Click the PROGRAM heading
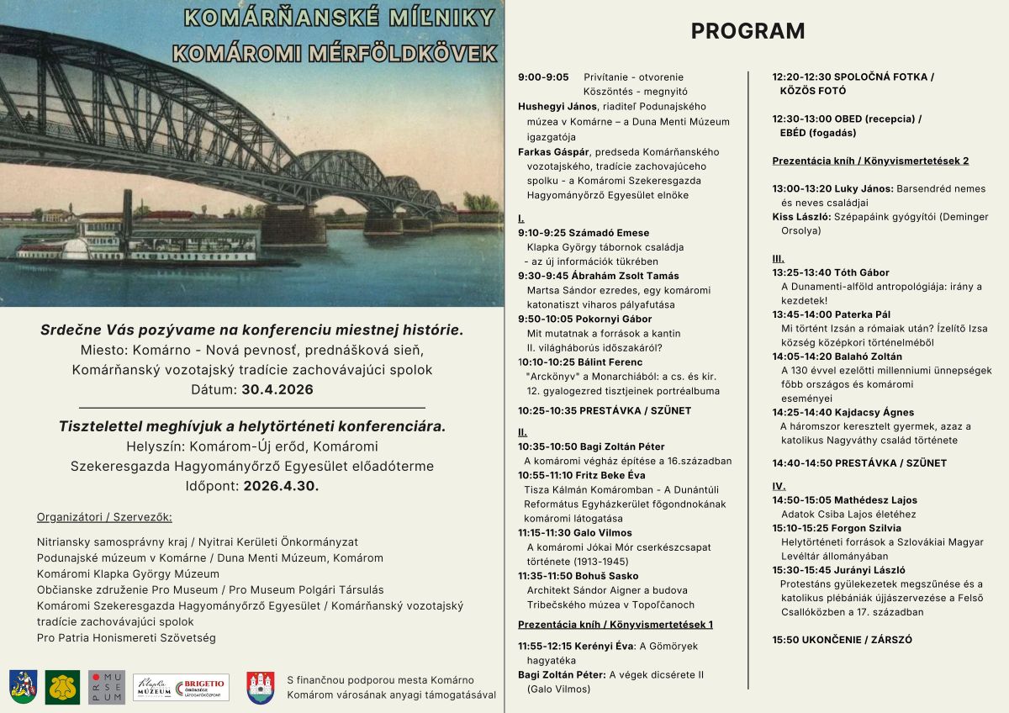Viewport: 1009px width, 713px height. pyautogui.click(x=748, y=31)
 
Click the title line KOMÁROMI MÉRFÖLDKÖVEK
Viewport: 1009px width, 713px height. pyautogui.click(x=335, y=52)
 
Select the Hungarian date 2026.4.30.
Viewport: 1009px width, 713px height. pyautogui.click(x=281, y=485)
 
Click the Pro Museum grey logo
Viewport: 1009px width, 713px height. pyautogui.click(x=107, y=687)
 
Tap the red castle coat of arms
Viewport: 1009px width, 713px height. pyautogui.click(x=260, y=687)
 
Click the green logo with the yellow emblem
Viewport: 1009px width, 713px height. pyautogui.click(x=62, y=687)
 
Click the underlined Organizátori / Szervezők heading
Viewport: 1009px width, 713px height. pyautogui.click(x=104, y=516)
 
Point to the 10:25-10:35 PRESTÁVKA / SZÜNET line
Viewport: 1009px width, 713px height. pyautogui.click(x=605, y=410)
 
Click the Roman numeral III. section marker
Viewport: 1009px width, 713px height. pyautogui.click(x=779, y=258)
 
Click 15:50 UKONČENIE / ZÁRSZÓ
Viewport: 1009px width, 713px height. pyautogui.click(x=842, y=640)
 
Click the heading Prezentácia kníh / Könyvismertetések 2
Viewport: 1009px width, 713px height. pyautogui.click(x=870, y=161)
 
